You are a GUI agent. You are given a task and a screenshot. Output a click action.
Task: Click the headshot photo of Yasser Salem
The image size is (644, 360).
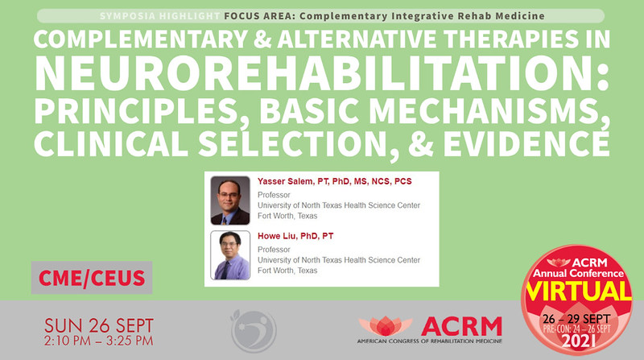(x=230, y=200)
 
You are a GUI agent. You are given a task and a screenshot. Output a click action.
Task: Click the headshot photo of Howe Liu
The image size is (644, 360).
(x=230, y=254)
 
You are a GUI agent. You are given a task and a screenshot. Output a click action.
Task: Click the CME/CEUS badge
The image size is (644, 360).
(x=91, y=278)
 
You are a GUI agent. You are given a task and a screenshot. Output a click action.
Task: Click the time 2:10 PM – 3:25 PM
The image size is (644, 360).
(x=98, y=344)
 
